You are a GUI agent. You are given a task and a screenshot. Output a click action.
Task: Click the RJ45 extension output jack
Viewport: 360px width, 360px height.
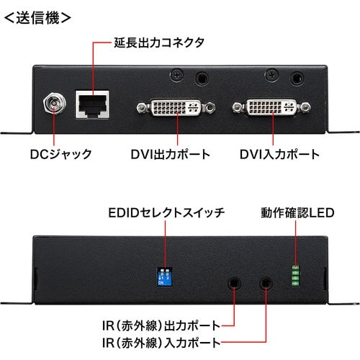92,106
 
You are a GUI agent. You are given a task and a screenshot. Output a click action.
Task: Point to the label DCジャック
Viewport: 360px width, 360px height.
60,153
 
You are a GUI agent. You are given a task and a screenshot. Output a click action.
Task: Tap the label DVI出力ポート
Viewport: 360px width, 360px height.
171,153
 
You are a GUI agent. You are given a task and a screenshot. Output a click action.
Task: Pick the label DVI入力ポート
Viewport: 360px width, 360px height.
280,153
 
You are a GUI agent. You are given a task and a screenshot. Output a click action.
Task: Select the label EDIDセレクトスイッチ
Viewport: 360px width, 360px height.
167,212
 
